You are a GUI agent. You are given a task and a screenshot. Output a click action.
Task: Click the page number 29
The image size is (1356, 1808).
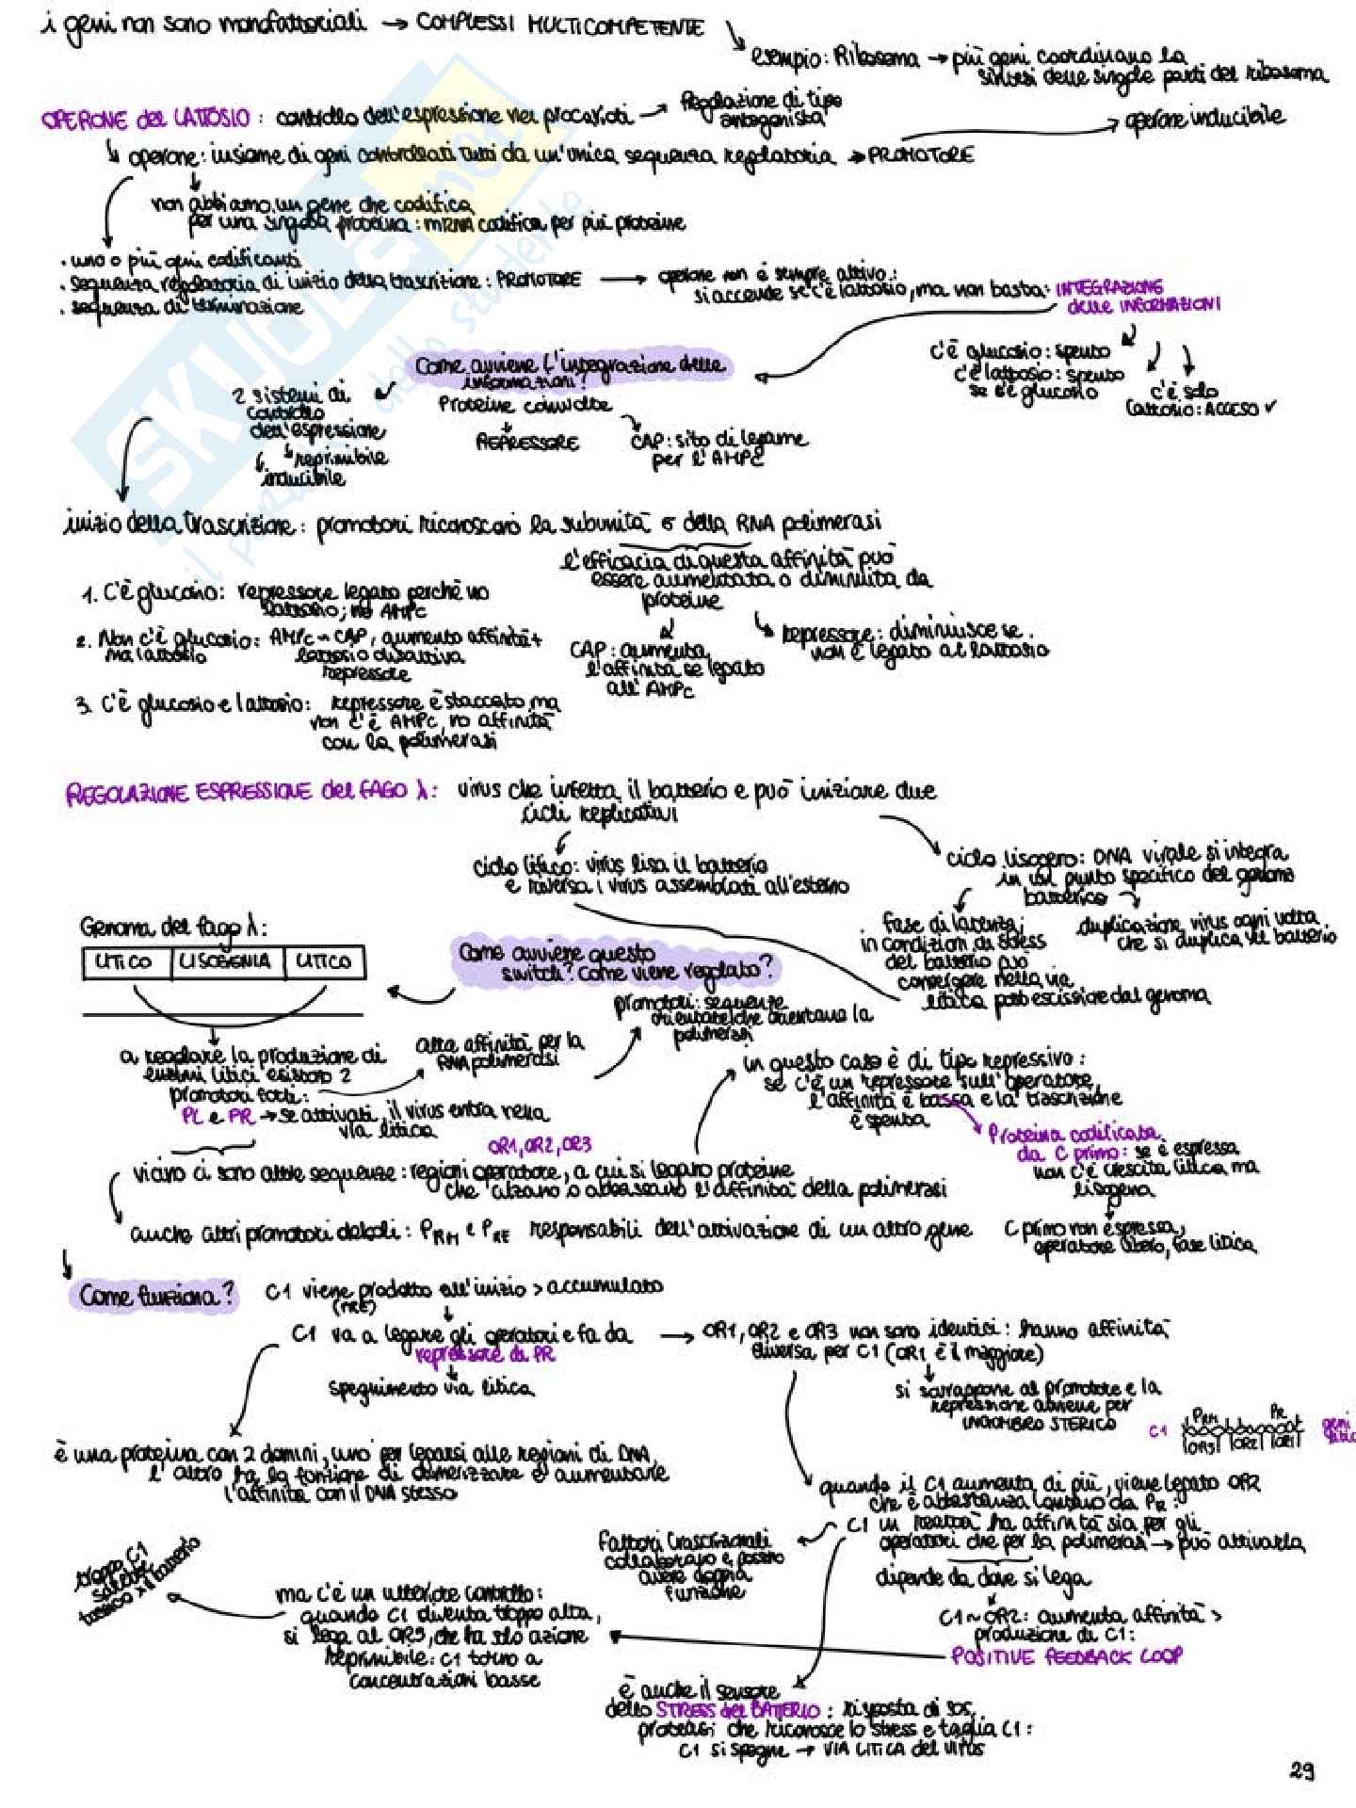[x=1301, y=1770]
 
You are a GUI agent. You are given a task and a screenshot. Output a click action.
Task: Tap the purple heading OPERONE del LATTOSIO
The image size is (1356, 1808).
[x=145, y=119]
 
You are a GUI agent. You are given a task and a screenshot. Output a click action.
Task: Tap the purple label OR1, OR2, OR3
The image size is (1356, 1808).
[x=540, y=1145]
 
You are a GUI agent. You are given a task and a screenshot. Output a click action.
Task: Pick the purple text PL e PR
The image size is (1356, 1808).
[x=218, y=1117]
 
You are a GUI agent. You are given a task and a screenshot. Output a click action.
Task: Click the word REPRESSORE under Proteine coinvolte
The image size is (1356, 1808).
[x=527, y=442]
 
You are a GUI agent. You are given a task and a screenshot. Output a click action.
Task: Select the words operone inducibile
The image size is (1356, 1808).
[x=1206, y=117]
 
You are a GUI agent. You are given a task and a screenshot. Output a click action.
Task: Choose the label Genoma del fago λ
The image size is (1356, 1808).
[x=172, y=928]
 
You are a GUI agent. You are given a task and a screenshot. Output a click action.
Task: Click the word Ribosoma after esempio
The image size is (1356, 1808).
[x=873, y=58]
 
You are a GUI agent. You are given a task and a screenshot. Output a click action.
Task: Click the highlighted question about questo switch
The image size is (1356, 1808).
[x=616, y=962]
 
